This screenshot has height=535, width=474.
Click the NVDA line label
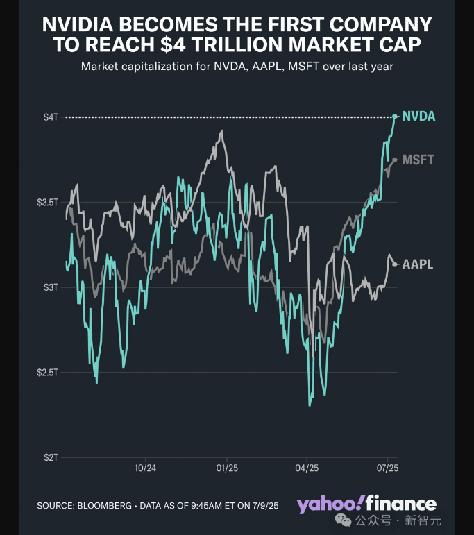click(x=418, y=117)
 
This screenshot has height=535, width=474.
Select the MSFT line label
click(x=418, y=160)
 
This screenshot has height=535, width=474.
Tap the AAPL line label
click(x=418, y=264)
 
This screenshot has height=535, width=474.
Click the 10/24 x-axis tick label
click(x=145, y=468)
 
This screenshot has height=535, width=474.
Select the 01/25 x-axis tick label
click(x=226, y=468)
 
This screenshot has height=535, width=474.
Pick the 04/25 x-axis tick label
click(x=307, y=468)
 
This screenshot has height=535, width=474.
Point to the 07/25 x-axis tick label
click(x=387, y=468)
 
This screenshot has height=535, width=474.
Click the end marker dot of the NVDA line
click(x=395, y=117)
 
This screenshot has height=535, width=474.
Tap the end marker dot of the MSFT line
click(x=395, y=160)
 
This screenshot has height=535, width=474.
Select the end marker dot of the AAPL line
click(x=395, y=264)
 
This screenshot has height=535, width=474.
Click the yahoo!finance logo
click(x=366, y=504)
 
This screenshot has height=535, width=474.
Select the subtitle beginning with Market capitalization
click(x=237, y=67)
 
